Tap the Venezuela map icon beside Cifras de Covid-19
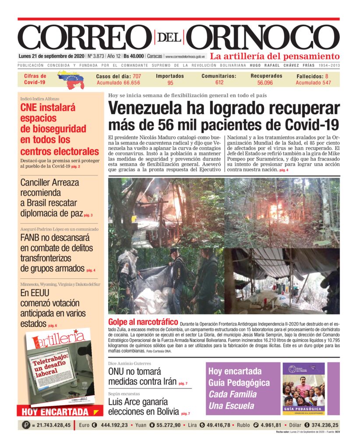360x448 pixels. (x=71, y=79)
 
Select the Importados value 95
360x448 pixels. (x=170, y=83)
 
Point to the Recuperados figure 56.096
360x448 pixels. (x=265, y=83)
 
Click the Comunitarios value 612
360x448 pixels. (x=219, y=82)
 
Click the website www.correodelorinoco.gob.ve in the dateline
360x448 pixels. (x=185, y=56)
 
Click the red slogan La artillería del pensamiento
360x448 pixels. (x=275, y=56)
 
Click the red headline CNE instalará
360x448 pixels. (x=48, y=108)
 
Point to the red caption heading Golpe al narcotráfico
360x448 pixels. (x=143, y=323)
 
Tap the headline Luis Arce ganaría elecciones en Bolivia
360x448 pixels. (x=144, y=406)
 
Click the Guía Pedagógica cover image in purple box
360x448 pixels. (x=304, y=388)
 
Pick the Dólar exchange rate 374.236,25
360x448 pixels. (x=318, y=425)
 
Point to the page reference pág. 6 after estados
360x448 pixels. (x=53, y=325)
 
